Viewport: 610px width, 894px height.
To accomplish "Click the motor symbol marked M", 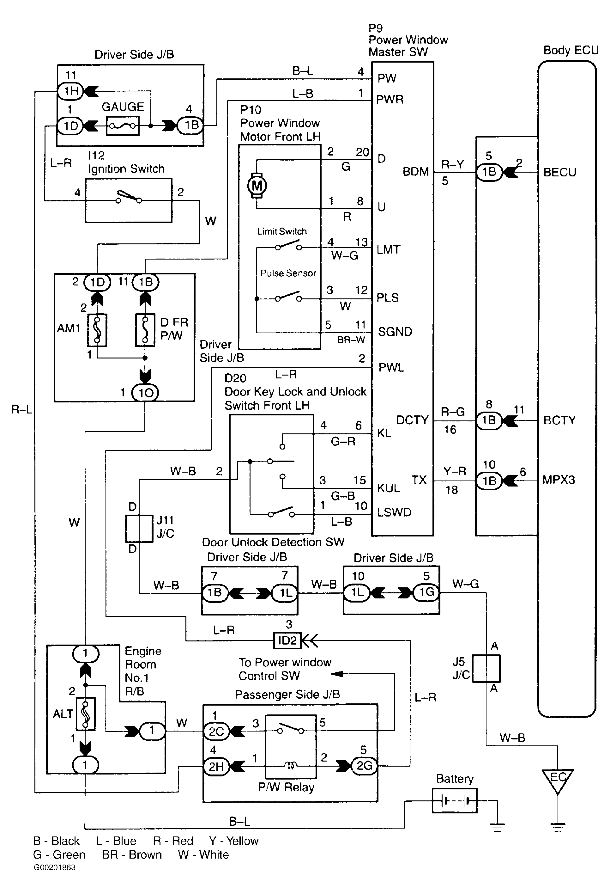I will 257,186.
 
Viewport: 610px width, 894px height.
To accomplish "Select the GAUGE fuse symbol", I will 122,126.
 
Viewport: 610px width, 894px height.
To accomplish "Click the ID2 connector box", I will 287,640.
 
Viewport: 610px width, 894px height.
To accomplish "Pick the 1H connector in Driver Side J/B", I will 71,91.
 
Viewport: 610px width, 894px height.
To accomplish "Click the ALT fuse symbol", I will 85,713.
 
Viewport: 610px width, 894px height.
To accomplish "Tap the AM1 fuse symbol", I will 97,330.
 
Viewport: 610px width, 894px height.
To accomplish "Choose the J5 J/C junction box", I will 486,669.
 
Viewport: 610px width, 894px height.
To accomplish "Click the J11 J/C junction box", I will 139,529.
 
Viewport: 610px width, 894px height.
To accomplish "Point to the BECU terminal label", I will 560,172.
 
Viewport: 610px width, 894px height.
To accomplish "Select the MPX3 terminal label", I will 559,480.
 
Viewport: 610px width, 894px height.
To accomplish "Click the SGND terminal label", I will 395,332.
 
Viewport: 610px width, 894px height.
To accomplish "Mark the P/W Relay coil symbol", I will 290,766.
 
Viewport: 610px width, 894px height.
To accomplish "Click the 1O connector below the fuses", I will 145,393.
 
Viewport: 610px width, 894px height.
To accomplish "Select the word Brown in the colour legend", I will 145,854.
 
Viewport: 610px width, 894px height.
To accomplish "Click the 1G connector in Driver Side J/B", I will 426,592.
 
